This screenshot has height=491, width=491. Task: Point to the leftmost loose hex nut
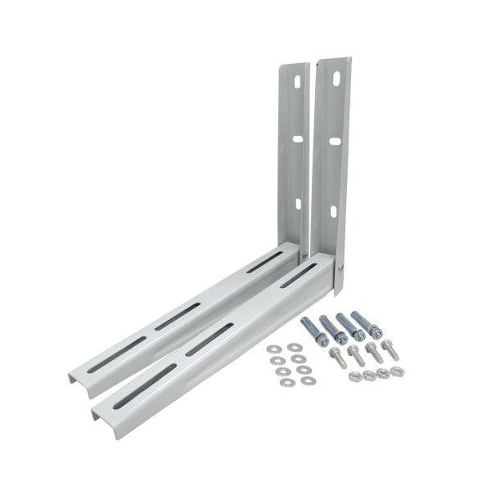pos(355,377)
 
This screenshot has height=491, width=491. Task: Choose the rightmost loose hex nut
pos(396,372)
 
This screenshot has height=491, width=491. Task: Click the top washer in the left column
pos(273,349)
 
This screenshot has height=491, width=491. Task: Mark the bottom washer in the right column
pos(306,381)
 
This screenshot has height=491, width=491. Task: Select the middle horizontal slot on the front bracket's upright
pos(335,142)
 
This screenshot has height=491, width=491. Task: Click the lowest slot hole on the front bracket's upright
pos(332,212)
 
